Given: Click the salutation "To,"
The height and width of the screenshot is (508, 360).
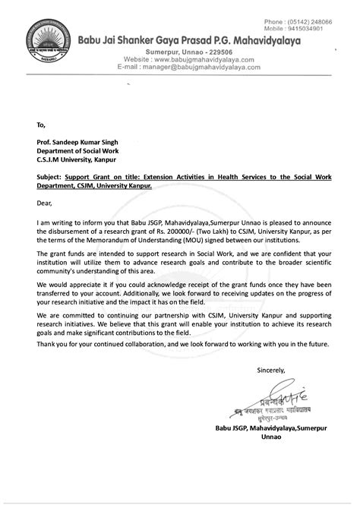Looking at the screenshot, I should click(x=40, y=123).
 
